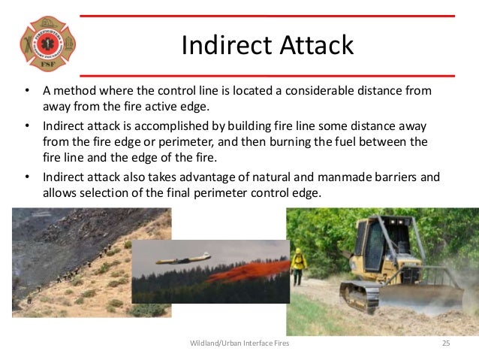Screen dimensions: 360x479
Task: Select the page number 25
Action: click(445, 343)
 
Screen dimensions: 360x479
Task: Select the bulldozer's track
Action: click(361, 296)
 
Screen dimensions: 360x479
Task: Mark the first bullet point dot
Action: click(26, 91)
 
